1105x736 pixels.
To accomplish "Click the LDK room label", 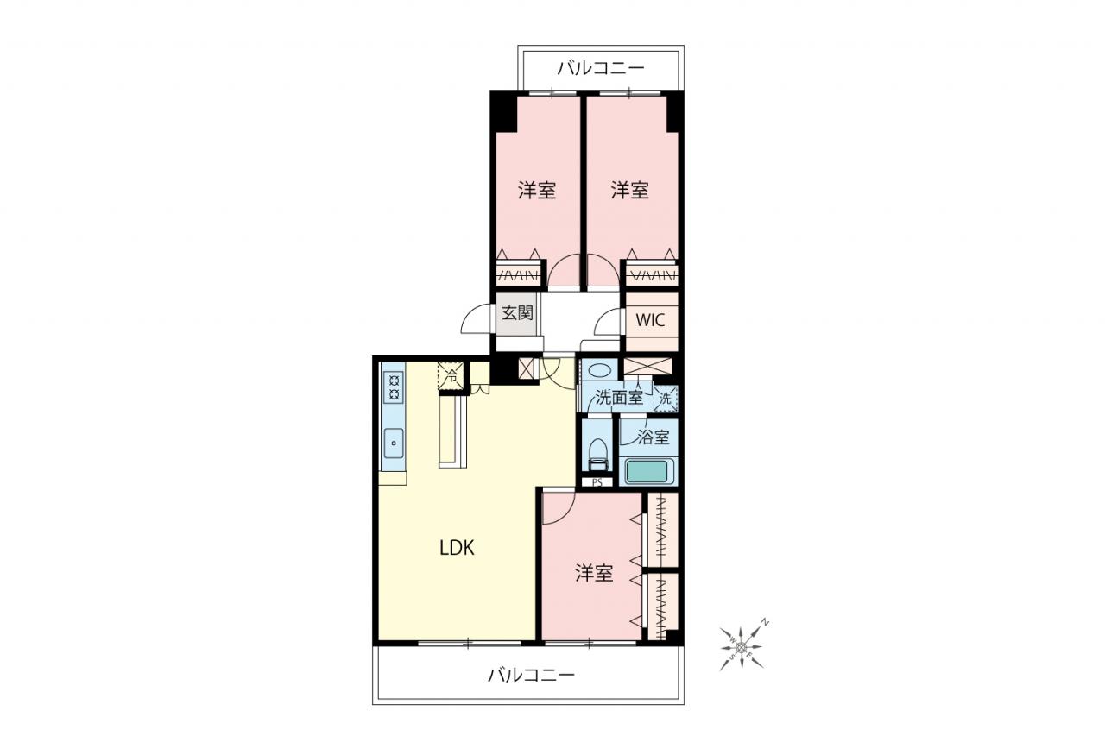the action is [457, 548].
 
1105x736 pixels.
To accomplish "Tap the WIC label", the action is [650, 320].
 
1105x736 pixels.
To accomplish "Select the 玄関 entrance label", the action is [517, 312].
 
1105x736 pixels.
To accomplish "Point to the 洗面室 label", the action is [619, 397].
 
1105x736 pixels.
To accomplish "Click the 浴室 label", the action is [654, 437].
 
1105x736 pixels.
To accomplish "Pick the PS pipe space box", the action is [597, 482].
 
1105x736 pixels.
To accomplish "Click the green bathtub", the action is [647, 471].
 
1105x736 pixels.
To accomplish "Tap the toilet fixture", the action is [597, 455].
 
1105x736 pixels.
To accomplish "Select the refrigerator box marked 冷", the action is [451, 376].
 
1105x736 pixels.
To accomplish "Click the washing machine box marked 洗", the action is [666, 399].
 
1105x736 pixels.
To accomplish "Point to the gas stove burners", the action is [395, 387].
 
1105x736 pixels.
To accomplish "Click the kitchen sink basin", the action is [394, 443].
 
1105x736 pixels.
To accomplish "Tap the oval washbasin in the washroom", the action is [599, 369].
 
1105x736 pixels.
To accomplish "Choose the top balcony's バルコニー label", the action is [600, 68].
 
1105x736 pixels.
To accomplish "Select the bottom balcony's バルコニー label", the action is [531, 675].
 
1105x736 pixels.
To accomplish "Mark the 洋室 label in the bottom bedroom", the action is [594, 573].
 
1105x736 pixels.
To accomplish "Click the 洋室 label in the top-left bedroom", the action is [537, 191].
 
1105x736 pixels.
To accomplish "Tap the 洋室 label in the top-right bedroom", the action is [630, 191].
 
